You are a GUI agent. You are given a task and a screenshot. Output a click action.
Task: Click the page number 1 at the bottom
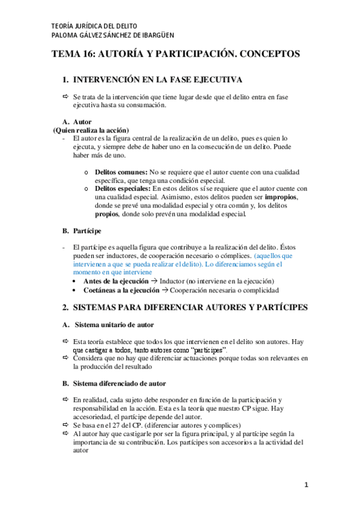tap(306, 484)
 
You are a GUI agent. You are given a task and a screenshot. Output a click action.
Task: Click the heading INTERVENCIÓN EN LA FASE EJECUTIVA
tap(157, 80)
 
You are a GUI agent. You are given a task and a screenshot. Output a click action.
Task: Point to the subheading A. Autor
tap(77, 121)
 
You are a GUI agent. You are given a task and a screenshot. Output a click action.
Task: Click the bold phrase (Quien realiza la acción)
tap(91, 130)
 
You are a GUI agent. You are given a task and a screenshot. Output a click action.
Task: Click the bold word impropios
tap(281, 197)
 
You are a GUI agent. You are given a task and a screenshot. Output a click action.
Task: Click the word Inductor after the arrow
tap(185, 281)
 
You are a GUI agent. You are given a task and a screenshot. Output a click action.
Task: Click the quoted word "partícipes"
tap(206, 349)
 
